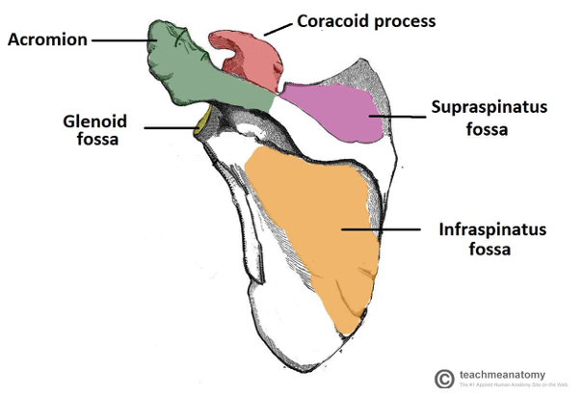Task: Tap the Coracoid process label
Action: point(354,19)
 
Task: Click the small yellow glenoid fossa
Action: point(202,123)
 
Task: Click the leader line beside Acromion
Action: point(120,40)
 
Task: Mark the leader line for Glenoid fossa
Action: point(169,124)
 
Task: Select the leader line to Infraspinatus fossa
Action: point(381,229)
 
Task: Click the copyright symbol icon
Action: point(444,379)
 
